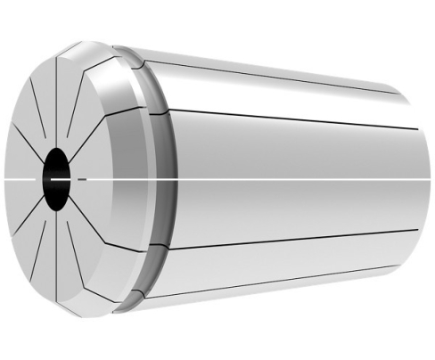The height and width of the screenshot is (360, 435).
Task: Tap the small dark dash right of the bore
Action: coord(82,179)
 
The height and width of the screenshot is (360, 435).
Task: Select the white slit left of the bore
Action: coord(22,179)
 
